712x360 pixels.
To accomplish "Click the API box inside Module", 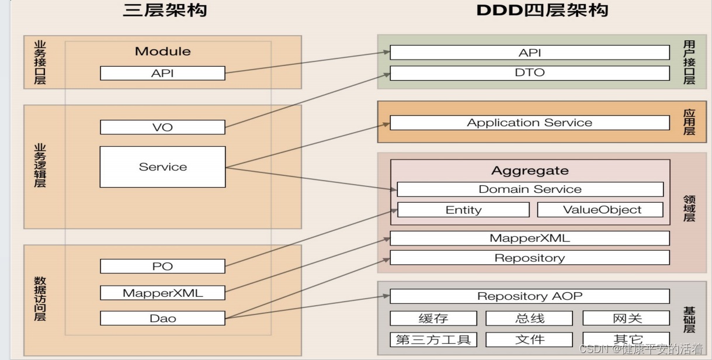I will [162, 73].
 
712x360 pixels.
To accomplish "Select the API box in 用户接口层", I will [529, 53].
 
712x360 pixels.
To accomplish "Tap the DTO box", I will [529, 73].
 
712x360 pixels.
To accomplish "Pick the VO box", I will [162, 127].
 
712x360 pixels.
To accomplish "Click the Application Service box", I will [529, 123].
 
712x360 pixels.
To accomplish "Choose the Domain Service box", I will [530, 189].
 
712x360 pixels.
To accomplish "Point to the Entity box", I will [463, 210].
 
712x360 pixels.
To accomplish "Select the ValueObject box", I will [600, 210].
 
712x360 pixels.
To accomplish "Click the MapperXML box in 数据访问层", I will [162, 293].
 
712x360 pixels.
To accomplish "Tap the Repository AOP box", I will [529, 296].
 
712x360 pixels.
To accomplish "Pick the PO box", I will [162, 266].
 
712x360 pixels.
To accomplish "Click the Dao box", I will [162, 319].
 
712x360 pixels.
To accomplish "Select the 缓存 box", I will [433, 319].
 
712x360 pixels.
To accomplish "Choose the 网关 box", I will [626, 319].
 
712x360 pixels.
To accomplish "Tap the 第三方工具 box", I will [433, 340].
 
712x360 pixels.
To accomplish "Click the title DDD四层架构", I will [542, 11].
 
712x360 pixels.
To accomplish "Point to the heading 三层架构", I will [165, 11].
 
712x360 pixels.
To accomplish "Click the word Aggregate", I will [530, 171].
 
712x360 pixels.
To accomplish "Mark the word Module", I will [162, 51].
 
